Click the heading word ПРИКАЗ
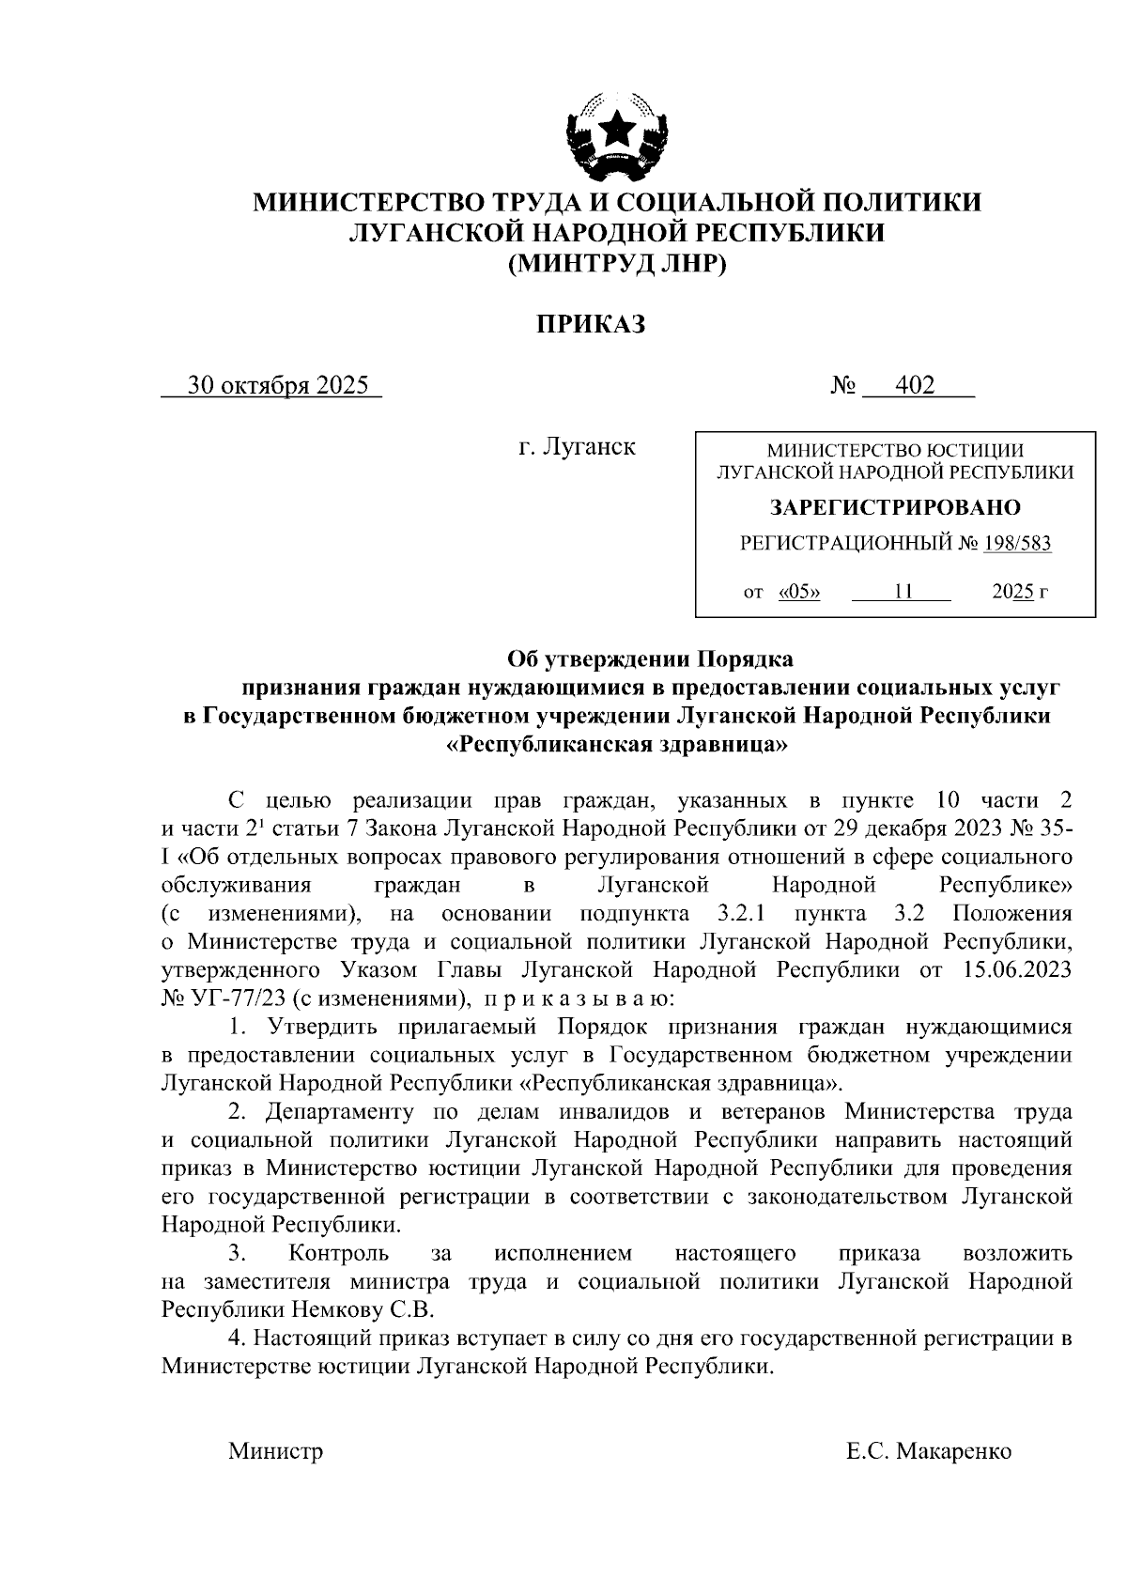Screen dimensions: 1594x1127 [x=591, y=326]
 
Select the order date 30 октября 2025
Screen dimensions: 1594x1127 [x=278, y=386]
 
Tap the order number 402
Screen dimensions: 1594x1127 [x=915, y=386]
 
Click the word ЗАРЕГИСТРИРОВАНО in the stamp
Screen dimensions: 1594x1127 [x=895, y=508]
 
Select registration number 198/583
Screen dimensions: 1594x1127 [x=1017, y=543]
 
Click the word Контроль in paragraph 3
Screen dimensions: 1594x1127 [x=339, y=1253]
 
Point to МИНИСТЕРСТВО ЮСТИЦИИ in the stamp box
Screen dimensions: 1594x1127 [x=895, y=451]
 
